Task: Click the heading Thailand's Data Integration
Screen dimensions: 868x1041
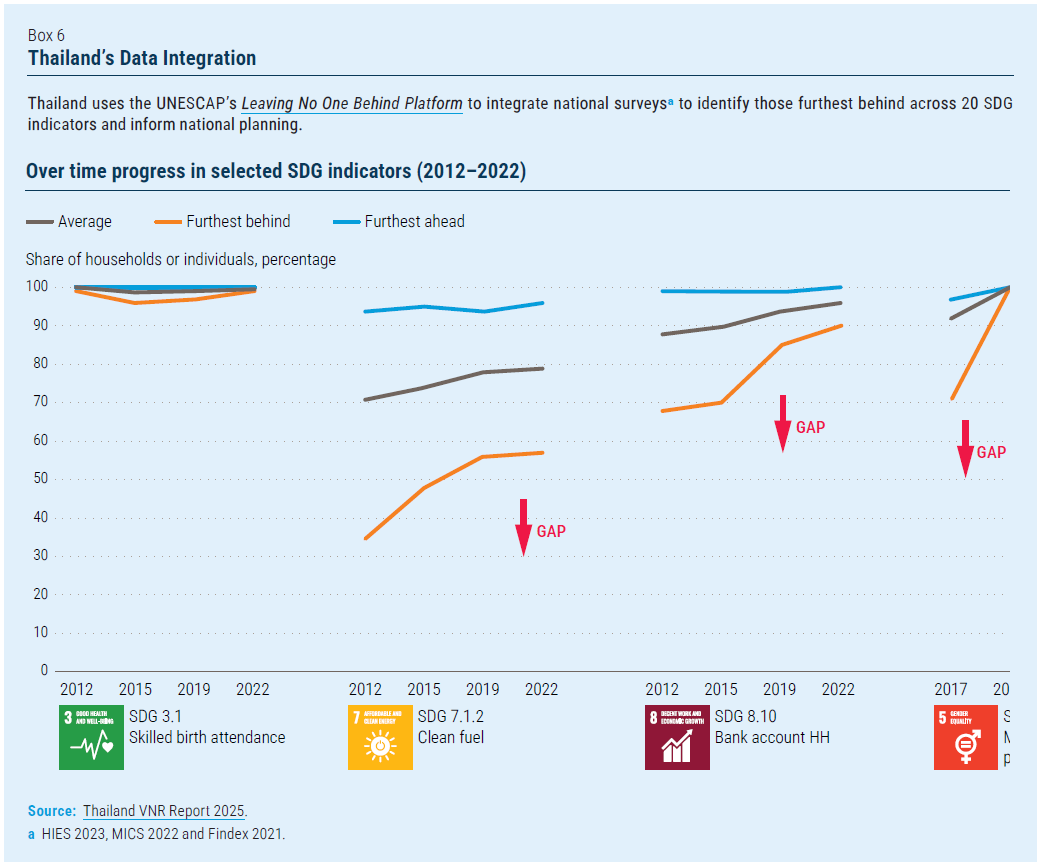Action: click(142, 58)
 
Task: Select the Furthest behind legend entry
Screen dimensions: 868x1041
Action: click(238, 221)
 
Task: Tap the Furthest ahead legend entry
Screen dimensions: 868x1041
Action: click(414, 221)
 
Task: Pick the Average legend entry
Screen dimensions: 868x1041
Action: click(84, 221)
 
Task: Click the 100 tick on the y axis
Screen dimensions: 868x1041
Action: click(38, 287)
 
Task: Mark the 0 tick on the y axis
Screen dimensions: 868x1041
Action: click(44, 670)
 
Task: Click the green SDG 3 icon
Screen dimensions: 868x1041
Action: click(91, 737)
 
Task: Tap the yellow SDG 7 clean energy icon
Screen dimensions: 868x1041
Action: click(380, 737)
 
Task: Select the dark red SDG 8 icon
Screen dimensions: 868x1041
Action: click(677, 737)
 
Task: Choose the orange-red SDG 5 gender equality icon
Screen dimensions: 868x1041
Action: click(965, 737)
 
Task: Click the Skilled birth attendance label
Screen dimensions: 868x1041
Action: click(207, 738)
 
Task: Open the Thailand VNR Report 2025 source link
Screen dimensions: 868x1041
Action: click(164, 811)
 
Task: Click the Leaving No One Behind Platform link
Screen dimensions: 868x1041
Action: click(352, 103)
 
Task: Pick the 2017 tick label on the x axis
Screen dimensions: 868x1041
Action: click(950, 689)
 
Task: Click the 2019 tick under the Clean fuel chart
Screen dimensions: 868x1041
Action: click(483, 689)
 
